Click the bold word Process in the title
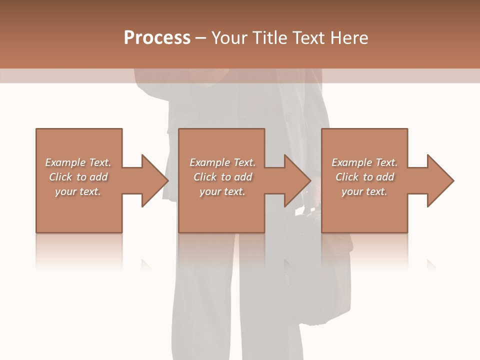pos(157,38)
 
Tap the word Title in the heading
pos(270,38)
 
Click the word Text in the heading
pos(308,38)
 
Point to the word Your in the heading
pos(231,38)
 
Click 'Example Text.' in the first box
pos(78,162)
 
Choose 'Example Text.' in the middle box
pos(222,162)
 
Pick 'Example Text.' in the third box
pos(364,162)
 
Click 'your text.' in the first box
pos(78,191)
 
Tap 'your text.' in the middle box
pos(222,191)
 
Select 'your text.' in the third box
pos(364,191)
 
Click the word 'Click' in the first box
pos(61,177)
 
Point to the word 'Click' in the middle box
pos(205,177)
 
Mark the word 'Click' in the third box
pos(347,177)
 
